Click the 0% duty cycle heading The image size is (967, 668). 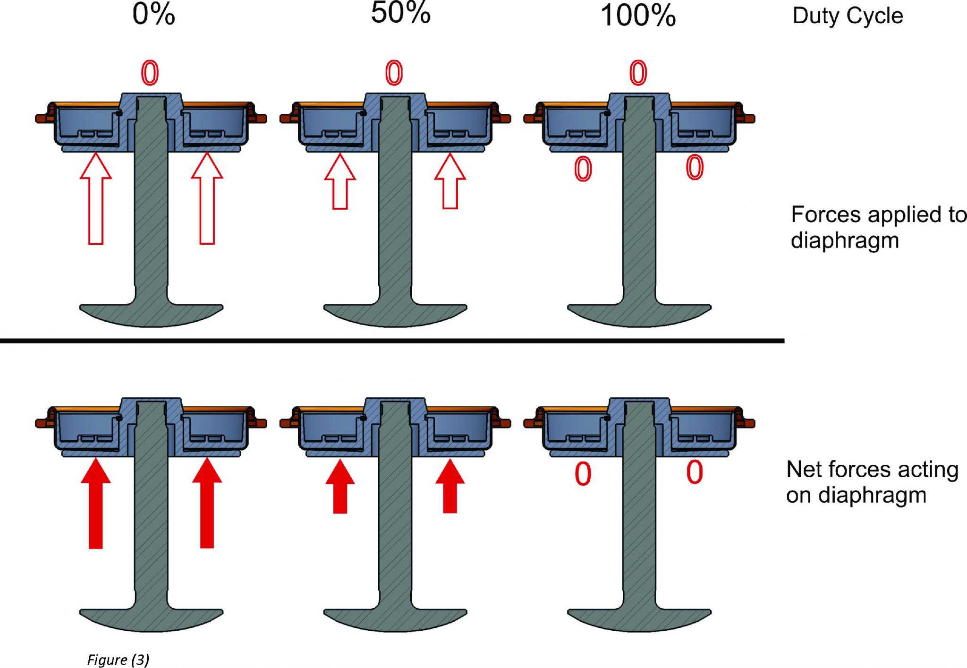[x=153, y=14]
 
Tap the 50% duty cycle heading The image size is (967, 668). [x=400, y=13]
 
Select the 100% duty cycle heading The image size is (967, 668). [x=638, y=16]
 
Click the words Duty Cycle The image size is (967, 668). [x=848, y=16]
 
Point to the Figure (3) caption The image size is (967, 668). [x=118, y=659]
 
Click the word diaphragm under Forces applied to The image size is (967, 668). [x=845, y=240]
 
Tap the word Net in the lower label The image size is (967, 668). [x=804, y=470]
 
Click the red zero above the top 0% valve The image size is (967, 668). [x=150, y=73]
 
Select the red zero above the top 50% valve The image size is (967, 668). [x=394, y=73]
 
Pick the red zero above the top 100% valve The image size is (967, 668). [x=638, y=73]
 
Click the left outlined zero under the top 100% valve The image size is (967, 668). [x=583, y=169]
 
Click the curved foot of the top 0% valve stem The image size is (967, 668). [x=151, y=314]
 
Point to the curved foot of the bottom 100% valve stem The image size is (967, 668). [x=639, y=619]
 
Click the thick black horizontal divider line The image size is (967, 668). [x=392, y=340]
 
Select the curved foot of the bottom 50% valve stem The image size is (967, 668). [x=395, y=619]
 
